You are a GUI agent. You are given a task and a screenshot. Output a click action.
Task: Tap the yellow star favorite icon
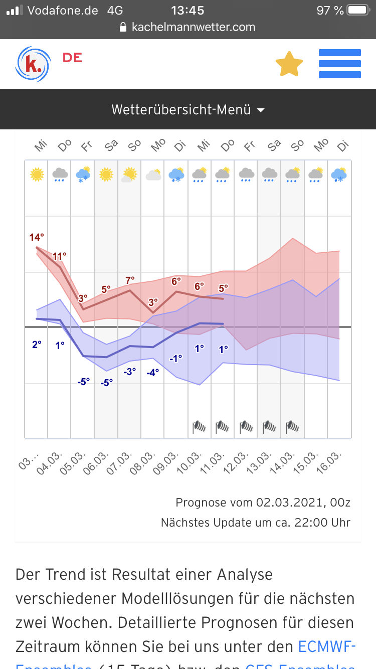point(289,64)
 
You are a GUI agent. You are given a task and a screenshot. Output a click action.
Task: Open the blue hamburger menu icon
point(340,64)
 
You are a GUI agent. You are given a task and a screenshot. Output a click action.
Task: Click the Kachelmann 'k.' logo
point(33,64)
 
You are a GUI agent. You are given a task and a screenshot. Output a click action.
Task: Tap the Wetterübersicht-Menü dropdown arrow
point(261,110)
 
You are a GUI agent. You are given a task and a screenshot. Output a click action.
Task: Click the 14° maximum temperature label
point(37,237)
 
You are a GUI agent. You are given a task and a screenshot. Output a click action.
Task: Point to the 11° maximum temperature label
point(60,256)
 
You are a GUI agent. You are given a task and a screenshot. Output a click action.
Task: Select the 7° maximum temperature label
point(130,280)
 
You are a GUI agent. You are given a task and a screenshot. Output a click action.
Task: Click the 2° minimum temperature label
point(37,345)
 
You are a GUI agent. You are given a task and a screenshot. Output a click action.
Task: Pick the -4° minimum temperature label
point(153,372)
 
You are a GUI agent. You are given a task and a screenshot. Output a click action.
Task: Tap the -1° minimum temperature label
point(176,359)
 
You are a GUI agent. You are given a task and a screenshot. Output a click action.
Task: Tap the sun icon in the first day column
point(37,175)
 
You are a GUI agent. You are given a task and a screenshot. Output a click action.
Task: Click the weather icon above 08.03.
point(153,175)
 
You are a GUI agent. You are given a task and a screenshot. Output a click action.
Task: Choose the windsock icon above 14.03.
point(293,427)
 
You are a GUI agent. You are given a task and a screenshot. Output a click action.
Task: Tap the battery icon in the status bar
point(358,10)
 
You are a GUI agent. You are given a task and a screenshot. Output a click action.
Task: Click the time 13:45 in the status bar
point(187,10)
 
